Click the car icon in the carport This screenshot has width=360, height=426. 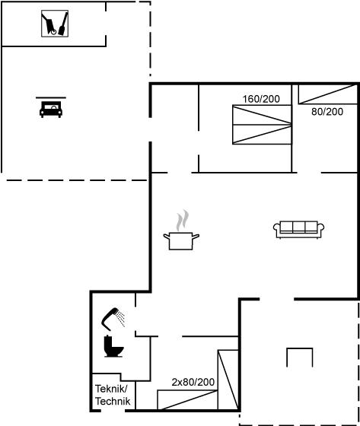coord(51,110)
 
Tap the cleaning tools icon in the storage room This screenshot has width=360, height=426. coord(55,24)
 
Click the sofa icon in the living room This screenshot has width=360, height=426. coord(298,230)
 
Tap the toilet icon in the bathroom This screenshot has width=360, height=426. coord(113,346)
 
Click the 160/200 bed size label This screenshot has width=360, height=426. coord(261,99)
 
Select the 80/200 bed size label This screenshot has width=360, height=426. coord(327,112)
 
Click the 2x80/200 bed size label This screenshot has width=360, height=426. coord(193,382)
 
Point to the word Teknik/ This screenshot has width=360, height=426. coord(111,389)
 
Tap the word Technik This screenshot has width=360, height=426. coord(113,402)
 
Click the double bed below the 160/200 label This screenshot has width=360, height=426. coord(262,125)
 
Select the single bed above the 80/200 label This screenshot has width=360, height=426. coord(328,94)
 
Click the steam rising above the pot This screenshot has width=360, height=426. coord(182,220)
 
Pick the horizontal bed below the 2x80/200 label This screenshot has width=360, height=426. coord(188,400)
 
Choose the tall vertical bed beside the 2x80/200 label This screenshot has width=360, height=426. coord(228,380)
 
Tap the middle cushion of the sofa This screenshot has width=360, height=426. coord(299,227)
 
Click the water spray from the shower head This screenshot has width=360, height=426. coord(120,319)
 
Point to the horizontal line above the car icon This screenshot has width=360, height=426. coord(51,97)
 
